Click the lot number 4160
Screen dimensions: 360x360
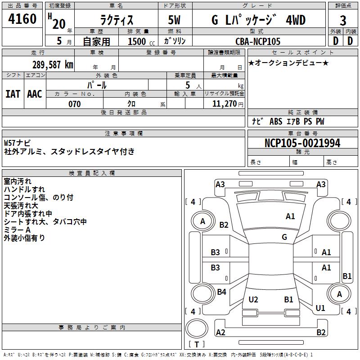point(22,19)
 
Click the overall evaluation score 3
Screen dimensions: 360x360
point(343,21)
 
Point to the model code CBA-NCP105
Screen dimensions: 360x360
point(258,41)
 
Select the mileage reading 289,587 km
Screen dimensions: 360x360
point(53,64)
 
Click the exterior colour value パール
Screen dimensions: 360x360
point(97,85)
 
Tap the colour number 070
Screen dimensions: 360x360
point(74,104)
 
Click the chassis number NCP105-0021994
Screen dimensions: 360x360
point(302,143)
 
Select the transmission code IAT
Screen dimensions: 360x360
point(13,94)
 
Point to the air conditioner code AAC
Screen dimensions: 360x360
point(35,94)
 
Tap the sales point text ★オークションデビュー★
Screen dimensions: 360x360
point(288,63)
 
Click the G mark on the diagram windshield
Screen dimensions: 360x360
point(284,237)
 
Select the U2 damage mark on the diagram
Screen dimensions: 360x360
point(253,300)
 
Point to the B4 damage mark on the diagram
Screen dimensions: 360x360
point(221,292)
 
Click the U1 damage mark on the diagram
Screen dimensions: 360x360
point(320,308)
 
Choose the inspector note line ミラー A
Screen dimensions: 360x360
point(17,230)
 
